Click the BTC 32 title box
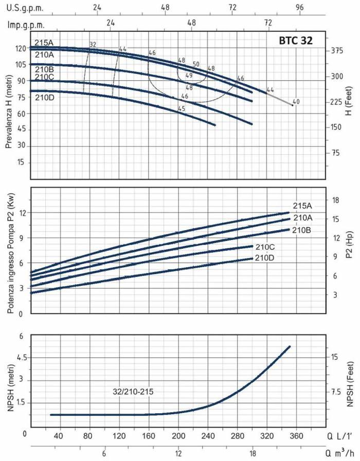pos(295,40)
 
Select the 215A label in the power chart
pos(303,206)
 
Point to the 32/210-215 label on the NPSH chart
pos(133,391)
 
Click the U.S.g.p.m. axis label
pos(25,9)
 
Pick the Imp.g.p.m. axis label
pos(26,24)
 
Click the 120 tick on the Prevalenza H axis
pos(21,48)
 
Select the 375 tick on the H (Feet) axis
pos(337,50)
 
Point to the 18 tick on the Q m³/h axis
pos(253,454)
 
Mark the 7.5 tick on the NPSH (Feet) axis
pos(336,392)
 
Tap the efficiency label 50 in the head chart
pos(196,64)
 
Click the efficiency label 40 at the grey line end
pos(295,101)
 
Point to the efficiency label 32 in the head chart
pos(93,45)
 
